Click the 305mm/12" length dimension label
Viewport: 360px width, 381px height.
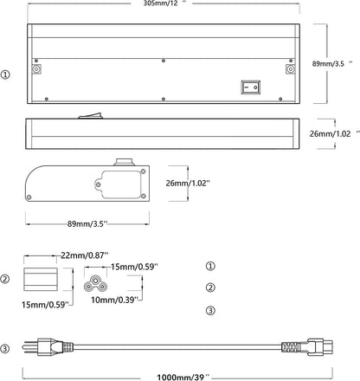(164, 3)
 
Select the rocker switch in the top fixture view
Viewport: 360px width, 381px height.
(251, 87)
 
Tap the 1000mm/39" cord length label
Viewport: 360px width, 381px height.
(183, 377)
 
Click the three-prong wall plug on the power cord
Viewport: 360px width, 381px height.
(48, 347)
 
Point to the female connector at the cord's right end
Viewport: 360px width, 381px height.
(307, 347)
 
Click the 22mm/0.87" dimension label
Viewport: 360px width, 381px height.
(84, 255)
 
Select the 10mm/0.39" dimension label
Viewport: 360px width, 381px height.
(113, 300)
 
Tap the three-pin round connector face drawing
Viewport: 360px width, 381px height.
(95, 283)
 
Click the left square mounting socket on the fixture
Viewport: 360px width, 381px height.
(36, 69)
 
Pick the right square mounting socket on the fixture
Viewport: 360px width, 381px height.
(290, 69)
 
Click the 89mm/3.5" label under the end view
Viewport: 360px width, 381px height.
(87, 223)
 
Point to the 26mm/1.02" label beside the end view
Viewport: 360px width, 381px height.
(188, 183)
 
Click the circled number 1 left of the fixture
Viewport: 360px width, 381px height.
(5, 74)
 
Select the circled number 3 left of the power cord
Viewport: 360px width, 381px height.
(4, 348)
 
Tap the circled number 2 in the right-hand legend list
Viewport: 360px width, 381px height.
(210, 287)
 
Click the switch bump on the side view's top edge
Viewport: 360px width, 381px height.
(91, 116)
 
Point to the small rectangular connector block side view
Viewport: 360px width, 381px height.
(41, 279)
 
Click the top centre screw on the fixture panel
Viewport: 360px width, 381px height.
(164, 61)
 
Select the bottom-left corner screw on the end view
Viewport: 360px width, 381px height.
(29, 197)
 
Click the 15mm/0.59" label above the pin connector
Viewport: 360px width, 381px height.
(134, 267)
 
